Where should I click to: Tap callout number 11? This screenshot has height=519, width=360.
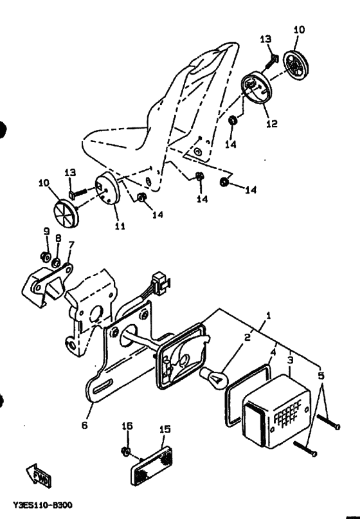pyautogui.click(x=120, y=226)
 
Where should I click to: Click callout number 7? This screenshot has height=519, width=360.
pyautogui.click(x=71, y=244)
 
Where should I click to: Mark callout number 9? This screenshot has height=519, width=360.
pyautogui.click(x=46, y=231)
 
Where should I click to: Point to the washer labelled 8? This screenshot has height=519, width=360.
pyautogui.click(x=58, y=263)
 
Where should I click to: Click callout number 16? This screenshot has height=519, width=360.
pyautogui.click(x=127, y=426)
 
